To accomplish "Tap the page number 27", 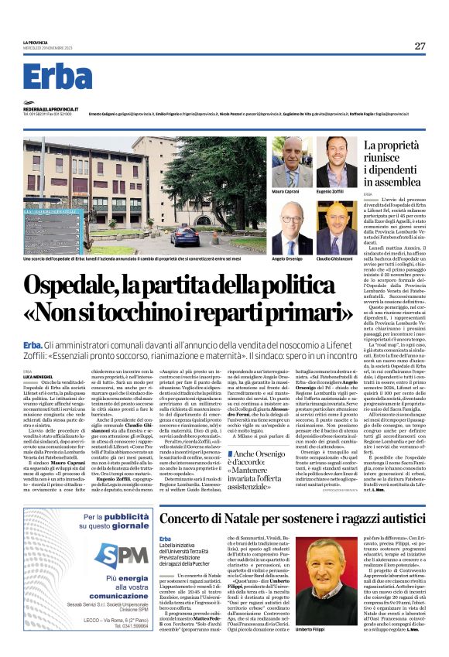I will tap(419, 46).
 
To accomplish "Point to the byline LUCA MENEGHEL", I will tap(36, 378).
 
